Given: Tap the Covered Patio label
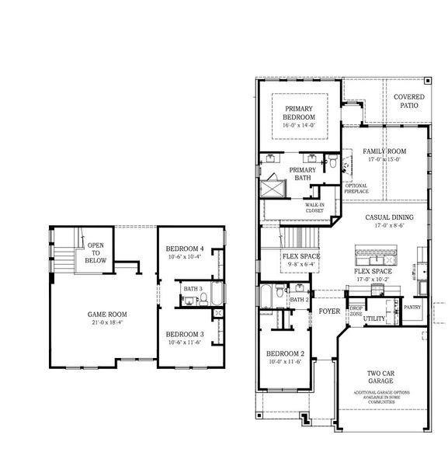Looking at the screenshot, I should click(x=408, y=102).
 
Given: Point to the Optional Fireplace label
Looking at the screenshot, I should click(x=356, y=188).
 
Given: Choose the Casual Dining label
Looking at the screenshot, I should click(x=389, y=218).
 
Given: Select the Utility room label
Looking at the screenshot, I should click(x=374, y=318).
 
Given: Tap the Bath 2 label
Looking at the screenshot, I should click(x=298, y=299).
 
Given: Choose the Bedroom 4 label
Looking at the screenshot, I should click(x=185, y=249).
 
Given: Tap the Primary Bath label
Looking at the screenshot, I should click(x=302, y=173).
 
